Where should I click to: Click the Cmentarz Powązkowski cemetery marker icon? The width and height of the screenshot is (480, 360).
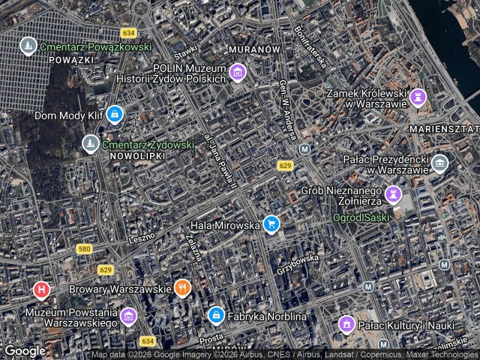coord(28,46)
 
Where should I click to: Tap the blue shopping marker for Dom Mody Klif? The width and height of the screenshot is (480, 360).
coord(114,115)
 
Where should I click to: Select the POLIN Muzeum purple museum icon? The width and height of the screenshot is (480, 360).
coord(238,73)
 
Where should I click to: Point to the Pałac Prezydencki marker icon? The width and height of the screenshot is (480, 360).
coord(440,163)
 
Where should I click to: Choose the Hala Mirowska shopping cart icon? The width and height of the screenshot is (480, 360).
coord(271,223)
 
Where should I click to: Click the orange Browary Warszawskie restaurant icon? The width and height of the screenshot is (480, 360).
coord(182,288)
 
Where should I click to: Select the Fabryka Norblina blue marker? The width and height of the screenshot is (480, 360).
coord(216,316)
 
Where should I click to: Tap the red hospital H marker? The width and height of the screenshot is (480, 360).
coord(41,289)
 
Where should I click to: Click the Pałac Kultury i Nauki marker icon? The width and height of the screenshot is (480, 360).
coord(346,325)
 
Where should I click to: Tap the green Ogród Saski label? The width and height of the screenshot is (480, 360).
coord(361,218)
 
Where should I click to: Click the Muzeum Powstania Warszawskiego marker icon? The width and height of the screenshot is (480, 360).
coord(129,316)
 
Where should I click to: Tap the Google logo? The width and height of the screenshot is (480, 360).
coord(25,350)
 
